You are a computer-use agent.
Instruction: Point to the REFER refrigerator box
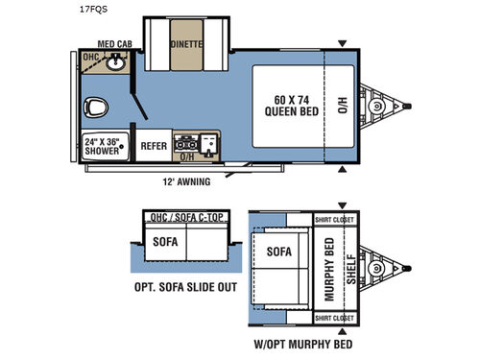coord(154,146)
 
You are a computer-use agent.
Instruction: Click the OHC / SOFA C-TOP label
coord(184,217)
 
